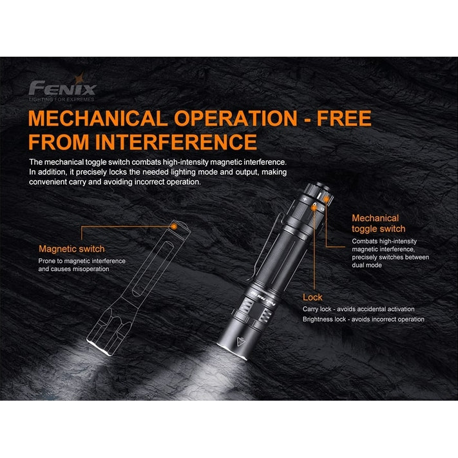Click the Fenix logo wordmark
click(62, 88)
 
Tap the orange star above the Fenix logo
click(79, 79)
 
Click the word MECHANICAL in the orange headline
click(98, 119)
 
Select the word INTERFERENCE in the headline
click(176, 142)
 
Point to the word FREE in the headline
click(344, 119)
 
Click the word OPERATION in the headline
click(236, 119)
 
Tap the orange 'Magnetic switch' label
click(72, 249)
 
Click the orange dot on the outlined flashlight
click(174, 226)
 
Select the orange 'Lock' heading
click(312, 298)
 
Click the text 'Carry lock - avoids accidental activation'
click(358, 309)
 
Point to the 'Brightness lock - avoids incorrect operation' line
click(363, 320)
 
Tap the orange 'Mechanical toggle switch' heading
click(379, 224)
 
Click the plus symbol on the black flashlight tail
click(305, 199)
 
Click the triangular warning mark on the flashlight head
click(241, 341)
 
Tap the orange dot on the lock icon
click(314, 208)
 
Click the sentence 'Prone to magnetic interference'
click(82, 261)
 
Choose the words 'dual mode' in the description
click(367, 265)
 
